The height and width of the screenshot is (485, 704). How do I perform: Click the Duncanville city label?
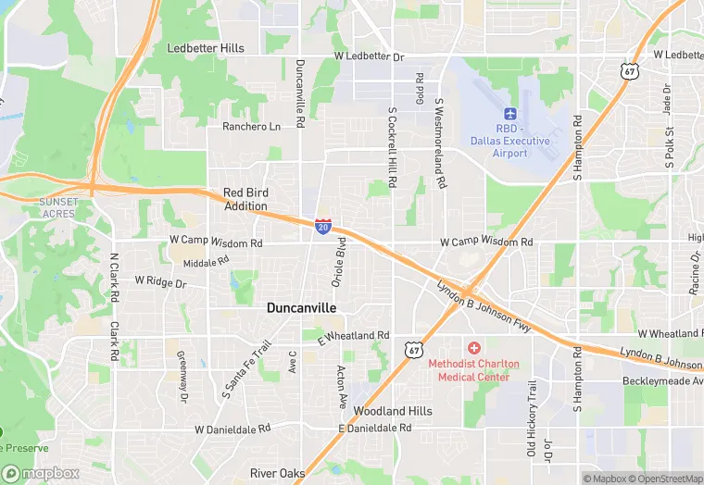pos(301,307)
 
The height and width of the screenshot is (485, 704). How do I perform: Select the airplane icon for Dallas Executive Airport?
pos(509,112)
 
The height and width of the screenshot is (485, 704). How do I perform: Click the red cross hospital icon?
pos(474,348)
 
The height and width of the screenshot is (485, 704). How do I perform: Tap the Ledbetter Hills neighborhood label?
pos(206,48)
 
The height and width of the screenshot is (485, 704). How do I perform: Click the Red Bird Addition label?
pos(245,200)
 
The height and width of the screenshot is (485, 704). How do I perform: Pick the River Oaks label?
pos(277,473)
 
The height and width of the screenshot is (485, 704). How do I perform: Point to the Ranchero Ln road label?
pos(251,127)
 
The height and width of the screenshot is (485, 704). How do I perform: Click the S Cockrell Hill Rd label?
pos(392,148)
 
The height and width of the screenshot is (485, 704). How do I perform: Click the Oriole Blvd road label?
pos(339,261)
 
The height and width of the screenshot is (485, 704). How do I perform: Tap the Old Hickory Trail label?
pos(532,419)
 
